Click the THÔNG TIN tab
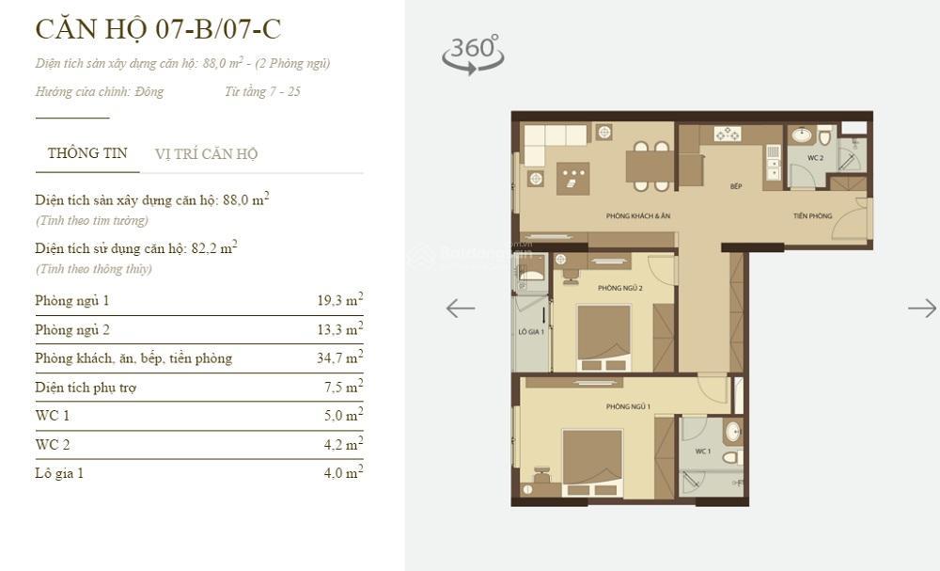(87, 153)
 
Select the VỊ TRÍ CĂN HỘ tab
(206, 154)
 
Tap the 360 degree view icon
(473, 54)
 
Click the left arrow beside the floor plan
(460, 308)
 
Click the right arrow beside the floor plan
(921, 308)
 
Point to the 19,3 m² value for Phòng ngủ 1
(339, 301)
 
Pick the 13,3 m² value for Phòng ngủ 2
(339, 329)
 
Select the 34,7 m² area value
(339, 358)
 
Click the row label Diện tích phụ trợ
(86, 388)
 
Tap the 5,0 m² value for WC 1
(342, 416)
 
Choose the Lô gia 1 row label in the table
(59, 473)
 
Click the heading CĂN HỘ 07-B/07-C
(158, 29)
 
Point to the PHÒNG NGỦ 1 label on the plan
(628, 406)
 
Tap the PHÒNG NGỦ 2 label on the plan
(619, 289)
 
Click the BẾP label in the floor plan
(736, 186)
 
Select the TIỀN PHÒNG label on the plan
(812, 216)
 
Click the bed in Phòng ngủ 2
(603, 337)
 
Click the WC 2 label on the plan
(815, 158)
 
